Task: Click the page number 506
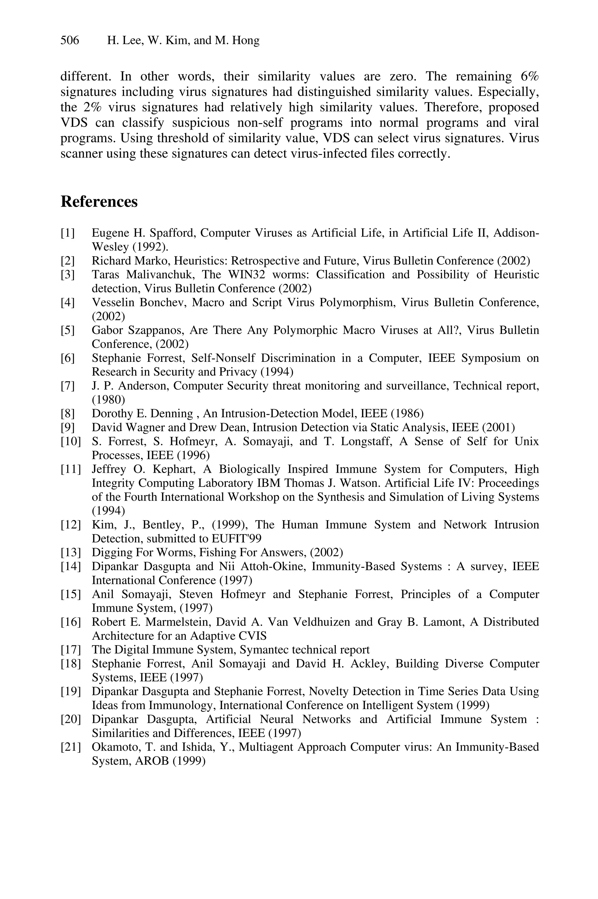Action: pos(70,40)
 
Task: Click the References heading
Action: pos(99,202)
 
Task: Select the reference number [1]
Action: pos(68,233)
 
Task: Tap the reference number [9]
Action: pos(68,427)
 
